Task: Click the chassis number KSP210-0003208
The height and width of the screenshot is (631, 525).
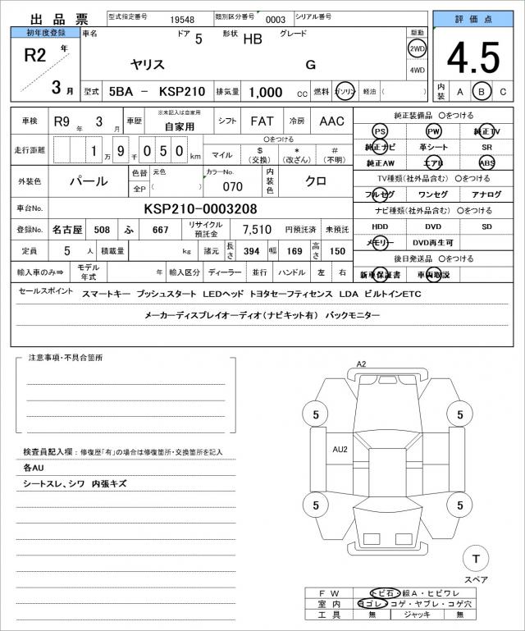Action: click(x=200, y=208)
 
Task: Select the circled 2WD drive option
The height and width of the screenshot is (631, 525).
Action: click(x=417, y=48)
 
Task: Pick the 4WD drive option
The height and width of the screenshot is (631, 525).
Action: click(x=417, y=71)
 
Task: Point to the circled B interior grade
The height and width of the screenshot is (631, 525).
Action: click(x=482, y=91)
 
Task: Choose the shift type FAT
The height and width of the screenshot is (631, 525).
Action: click(x=262, y=121)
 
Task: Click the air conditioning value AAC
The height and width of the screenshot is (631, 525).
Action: click(x=332, y=121)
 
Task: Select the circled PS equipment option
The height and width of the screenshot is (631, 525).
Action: click(x=379, y=131)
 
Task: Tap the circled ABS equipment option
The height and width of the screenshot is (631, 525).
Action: click(x=487, y=162)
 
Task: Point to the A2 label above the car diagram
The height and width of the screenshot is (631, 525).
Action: click(x=362, y=364)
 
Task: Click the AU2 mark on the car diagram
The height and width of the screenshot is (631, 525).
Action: click(x=340, y=449)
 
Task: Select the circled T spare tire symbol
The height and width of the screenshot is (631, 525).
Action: click(x=475, y=559)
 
